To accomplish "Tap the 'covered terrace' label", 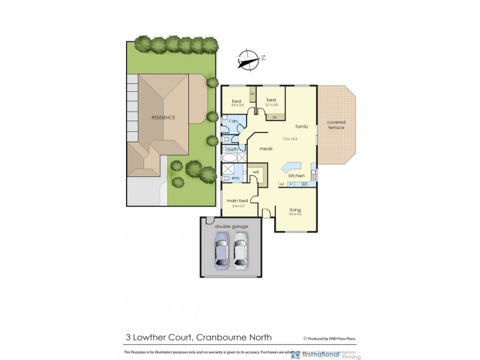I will click(x=336, y=124).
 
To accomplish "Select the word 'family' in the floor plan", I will click(x=301, y=127).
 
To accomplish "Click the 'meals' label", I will click(x=266, y=149).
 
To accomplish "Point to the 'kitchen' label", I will click(x=296, y=175).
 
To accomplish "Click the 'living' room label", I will click(x=295, y=209).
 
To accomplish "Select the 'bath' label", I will click(x=232, y=149).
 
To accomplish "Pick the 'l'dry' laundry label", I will click(x=234, y=122).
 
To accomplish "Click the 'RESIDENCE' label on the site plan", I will click(x=163, y=118).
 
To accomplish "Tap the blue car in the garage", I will click(x=221, y=250).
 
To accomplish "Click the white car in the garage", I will click(x=241, y=250).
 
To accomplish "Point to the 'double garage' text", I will click(x=231, y=226).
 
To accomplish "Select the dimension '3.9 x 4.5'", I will click(x=295, y=214).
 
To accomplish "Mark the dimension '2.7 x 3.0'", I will click(x=271, y=105).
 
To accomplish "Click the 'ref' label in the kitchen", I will click(x=281, y=184).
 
